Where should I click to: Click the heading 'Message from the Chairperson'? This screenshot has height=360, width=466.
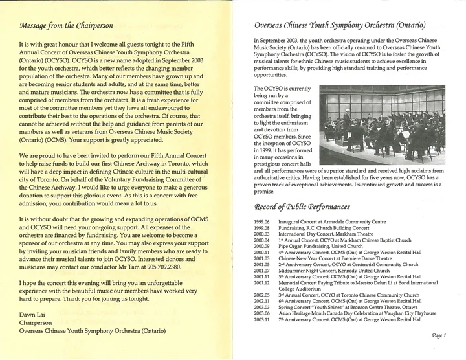(66, 26)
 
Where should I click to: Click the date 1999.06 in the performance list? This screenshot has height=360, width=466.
(262, 222)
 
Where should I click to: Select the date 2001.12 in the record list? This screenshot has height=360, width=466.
(262, 282)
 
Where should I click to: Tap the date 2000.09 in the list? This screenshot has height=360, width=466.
(262, 246)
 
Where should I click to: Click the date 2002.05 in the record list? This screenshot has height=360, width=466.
(262, 295)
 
